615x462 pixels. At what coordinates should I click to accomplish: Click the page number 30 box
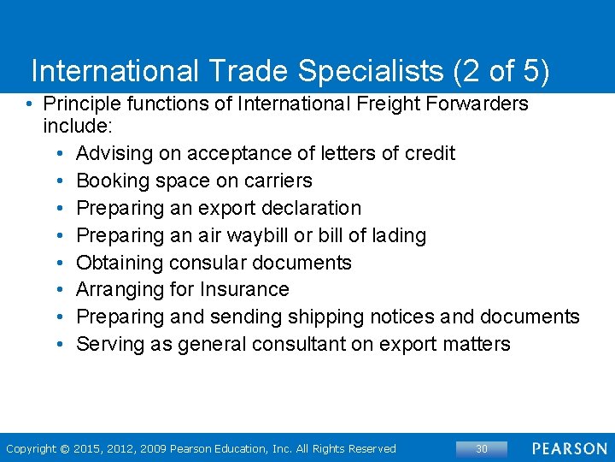click(x=482, y=448)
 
